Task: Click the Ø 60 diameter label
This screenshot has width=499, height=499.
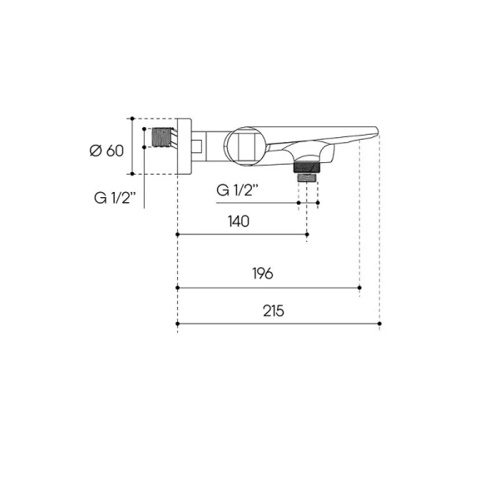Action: pos(106,151)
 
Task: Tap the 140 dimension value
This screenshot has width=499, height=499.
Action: pos(239,221)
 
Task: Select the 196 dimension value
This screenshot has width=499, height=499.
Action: pos(263,274)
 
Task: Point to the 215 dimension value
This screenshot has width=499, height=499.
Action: pos(274,311)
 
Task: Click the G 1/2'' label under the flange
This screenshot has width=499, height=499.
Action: pos(115,198)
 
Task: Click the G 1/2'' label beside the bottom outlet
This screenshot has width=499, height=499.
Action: pos(237,190)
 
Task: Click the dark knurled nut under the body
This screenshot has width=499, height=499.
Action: pos(306,167)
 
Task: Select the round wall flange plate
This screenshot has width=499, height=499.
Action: pos(185,146)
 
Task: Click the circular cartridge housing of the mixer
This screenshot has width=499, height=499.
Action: pos(245,146)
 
